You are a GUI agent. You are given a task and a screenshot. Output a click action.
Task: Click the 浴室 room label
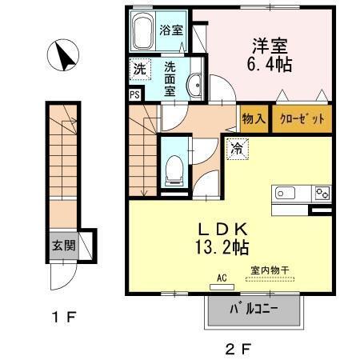[x=170, y=31]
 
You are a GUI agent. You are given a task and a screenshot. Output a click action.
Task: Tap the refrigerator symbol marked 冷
[x=238, y=147]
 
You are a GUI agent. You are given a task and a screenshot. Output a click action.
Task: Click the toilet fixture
[x=172, y=167]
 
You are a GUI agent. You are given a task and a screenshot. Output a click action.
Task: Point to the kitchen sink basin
[x=287, y=193]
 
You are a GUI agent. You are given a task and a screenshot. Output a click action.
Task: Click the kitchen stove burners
[x=322, y=192]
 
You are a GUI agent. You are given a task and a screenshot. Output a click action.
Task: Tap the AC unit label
[x=222, y=278]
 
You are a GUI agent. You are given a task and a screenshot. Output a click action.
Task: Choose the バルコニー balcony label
[x=257, y=309]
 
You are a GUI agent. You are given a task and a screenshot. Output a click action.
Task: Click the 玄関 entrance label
[x=64, y=245]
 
